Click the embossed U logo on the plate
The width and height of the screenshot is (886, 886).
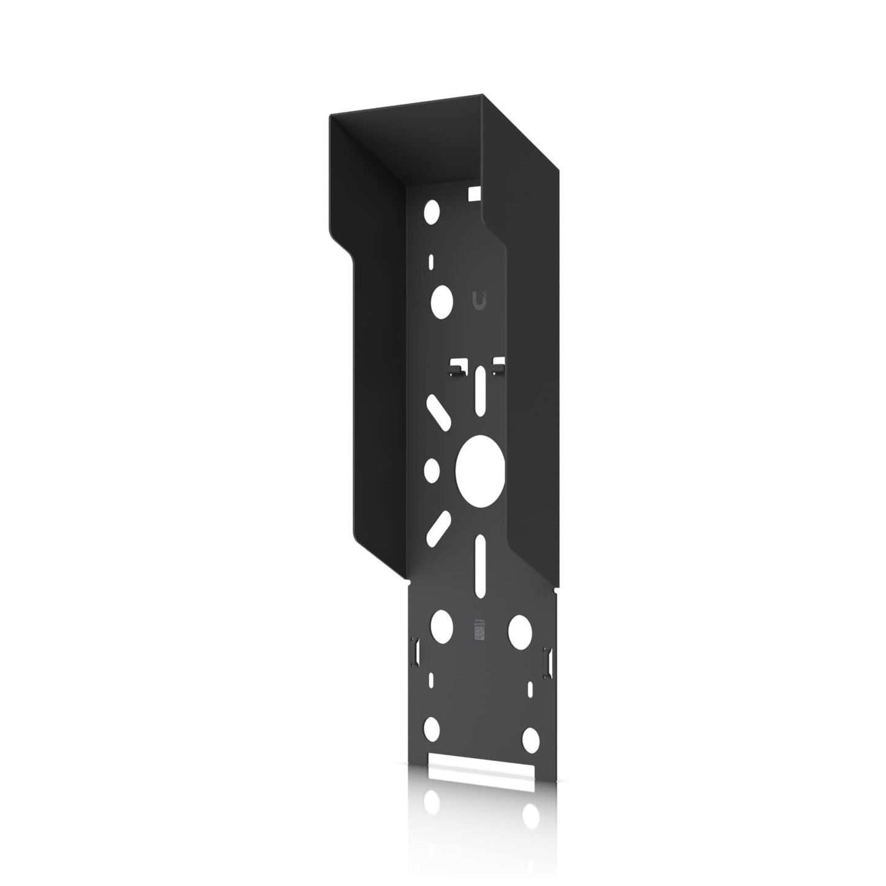tap(483, 300)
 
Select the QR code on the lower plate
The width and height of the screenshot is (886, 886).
tap(480, 630)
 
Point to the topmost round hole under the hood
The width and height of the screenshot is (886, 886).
tap(432, 212)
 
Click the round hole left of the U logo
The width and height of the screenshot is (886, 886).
tap(441, 301)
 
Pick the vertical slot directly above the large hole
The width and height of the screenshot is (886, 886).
tap(480, 392)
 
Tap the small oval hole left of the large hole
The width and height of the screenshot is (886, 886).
tap(432, 470)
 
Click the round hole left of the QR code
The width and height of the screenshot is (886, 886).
tap(441, 625)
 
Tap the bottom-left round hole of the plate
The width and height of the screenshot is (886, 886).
tap(432, 728)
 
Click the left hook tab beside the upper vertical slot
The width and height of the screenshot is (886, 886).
tap(456, 368)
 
